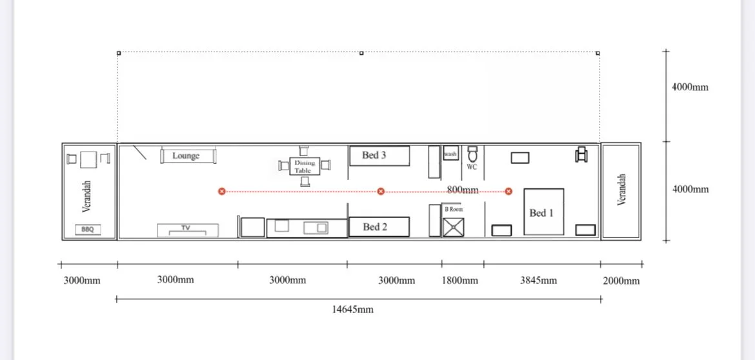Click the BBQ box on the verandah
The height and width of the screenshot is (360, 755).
[88, 230]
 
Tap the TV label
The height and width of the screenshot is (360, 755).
[186, 228]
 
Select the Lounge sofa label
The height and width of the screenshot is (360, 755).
[186, 155]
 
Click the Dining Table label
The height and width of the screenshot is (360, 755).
[305, 166]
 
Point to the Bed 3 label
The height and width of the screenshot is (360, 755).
[374, 155]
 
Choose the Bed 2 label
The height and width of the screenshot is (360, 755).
[375, 226]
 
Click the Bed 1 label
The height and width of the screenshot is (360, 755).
[541, 213]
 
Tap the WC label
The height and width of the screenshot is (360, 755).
[472, 167]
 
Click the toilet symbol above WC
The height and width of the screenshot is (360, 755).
[472, 154]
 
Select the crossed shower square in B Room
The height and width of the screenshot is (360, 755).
[454, 227]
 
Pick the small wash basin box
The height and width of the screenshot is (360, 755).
[450, 153]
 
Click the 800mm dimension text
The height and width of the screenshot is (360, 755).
[463, 190]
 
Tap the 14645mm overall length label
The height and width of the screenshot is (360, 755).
[352, 309]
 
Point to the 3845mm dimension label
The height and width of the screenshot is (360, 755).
[538, 280]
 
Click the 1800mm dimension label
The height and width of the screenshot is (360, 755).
[460, 280]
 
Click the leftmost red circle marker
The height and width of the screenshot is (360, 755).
[221, 192]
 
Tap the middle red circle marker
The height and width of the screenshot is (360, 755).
[381, 192]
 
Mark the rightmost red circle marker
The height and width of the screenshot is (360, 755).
[508, 192]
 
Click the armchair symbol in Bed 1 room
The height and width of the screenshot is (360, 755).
[581, 154]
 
